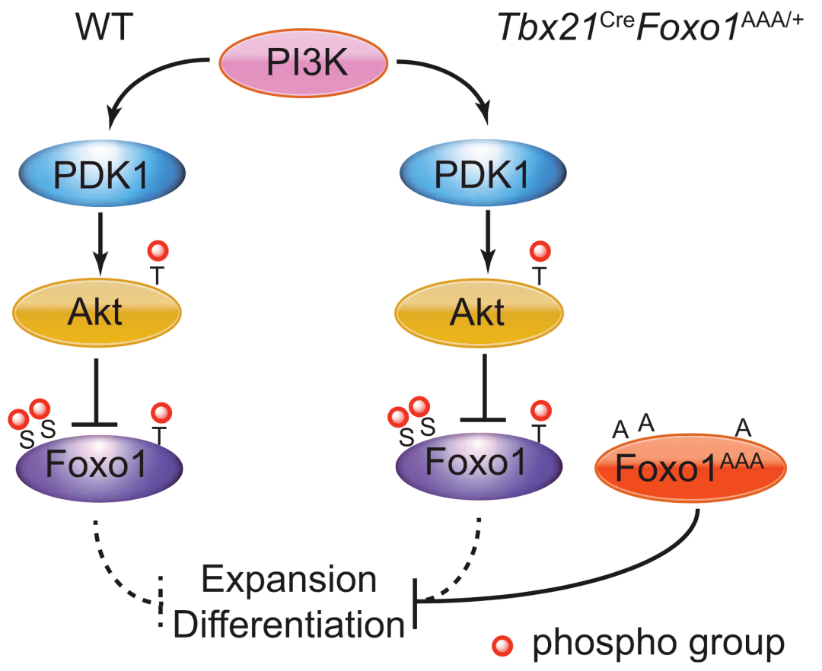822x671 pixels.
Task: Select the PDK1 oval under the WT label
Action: click(x=97, y=176)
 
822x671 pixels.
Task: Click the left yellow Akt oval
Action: click(x=97, y=311)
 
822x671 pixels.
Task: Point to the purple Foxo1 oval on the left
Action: click(x=97, y=460)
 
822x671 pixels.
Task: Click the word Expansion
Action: click(x=288, y=580)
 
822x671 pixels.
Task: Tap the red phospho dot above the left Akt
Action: click(x=158, y=250)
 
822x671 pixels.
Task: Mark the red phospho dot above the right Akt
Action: click(x=540, y=250)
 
